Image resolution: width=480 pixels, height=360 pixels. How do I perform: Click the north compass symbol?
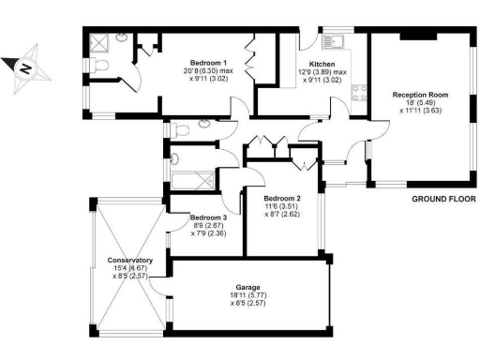pos(25,67)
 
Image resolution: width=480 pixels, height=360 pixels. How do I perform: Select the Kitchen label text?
pos(313,63)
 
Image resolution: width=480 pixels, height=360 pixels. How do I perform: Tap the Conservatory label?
pos(130,260)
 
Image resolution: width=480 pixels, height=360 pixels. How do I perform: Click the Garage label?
pos(248,288)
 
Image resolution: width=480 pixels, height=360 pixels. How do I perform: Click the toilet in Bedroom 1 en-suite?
pos(102,65)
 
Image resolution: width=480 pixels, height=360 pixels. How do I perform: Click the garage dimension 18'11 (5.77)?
pos(248,295)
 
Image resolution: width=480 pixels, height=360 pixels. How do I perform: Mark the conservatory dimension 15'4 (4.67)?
pos(130,268)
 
